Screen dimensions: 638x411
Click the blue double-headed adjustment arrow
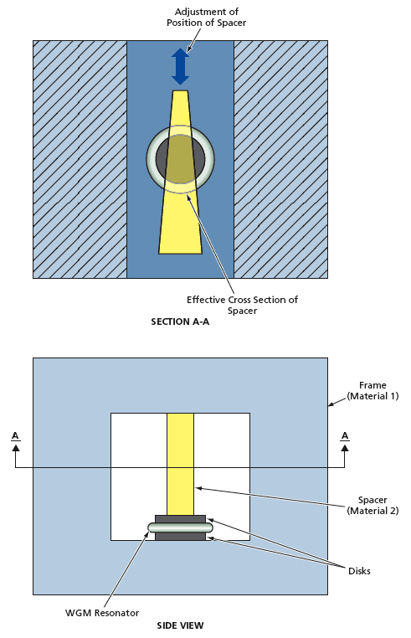click(180, 66)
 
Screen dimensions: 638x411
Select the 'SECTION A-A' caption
click(180, 322)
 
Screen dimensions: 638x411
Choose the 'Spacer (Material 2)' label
click(372, 505)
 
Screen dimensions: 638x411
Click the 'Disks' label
click(357, 571)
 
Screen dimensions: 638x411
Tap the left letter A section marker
click(15, 436)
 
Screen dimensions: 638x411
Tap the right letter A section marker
click(344, 436)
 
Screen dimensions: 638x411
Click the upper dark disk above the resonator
click(180, 519)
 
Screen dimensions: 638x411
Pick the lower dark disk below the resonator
click(180, 537)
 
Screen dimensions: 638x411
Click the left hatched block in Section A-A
click(80, 159)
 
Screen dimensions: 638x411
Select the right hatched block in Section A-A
click(280, 159)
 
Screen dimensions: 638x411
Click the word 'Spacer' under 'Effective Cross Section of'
click(242, 311)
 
